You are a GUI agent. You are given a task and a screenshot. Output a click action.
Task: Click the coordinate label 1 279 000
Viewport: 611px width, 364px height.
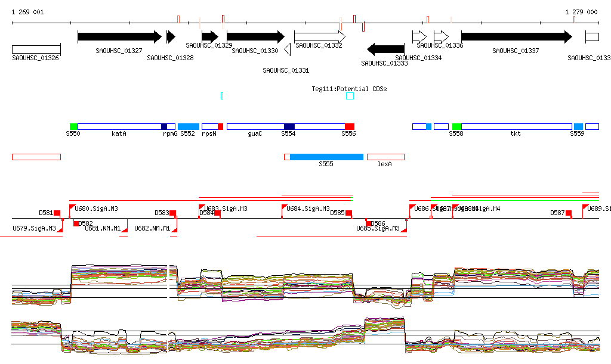pyautogui.click(x=581, y=12)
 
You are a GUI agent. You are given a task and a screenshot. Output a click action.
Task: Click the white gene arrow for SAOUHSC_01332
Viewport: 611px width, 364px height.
pyautogui.click(x=320, y=37)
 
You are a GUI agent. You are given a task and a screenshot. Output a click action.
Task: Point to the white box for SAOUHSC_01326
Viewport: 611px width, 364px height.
pyautogui.click(x=36, y=49)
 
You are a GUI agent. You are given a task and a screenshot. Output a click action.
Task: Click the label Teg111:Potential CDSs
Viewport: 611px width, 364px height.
pyautogui.click(x=349, y=89)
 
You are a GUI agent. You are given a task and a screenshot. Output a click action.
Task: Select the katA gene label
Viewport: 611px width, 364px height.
pyautogui.click(x=119, y=134)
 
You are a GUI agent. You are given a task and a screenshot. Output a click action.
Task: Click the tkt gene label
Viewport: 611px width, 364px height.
pyautogui.click(x=516, y=134)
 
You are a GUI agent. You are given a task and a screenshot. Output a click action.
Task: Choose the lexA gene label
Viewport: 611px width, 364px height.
pyautogui.click(x=385, y=164)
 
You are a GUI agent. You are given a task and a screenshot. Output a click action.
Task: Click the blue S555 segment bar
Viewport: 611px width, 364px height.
pyautogui.click(x=326, y=157)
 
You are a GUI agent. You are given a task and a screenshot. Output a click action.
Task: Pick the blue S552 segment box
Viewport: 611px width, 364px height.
pyautogui.click(x=189, y=127)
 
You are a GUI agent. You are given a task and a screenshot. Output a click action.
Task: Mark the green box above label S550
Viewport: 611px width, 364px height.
pyautogui.click(x=73, y=127)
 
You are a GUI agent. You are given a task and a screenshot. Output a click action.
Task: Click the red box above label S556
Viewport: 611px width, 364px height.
pyautogui.click(x=350, y=127)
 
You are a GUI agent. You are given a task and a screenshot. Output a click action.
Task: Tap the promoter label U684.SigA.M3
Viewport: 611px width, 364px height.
pyautogui.click(x=308, y=209)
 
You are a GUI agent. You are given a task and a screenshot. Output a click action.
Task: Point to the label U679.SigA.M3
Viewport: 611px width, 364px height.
pyautogui.click(x=34, y=228)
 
